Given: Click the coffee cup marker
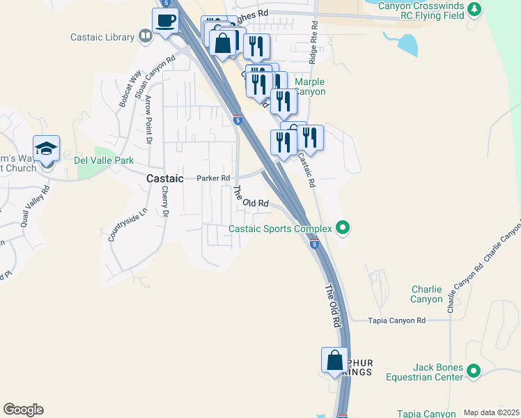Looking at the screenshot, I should tap(166, 22).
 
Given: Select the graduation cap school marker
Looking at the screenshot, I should tap(46, 149).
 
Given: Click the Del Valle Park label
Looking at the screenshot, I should tap(104, 160).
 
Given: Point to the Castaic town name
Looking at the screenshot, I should tap(165, 178).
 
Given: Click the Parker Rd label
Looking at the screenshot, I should tap(213, 178).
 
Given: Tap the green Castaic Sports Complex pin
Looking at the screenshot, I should tap(342, 227).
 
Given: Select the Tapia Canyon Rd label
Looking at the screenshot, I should tap(396, 320).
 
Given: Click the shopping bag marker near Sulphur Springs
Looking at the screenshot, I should tap(335, 361).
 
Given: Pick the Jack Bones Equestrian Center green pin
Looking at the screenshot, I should tap(474, 371).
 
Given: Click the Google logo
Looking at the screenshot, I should tap(23, 410).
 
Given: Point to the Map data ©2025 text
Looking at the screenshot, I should tap(490, 412).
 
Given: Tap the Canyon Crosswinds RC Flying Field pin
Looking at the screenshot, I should tap(474, 9).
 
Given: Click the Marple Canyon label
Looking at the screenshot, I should tap(310, 86).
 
